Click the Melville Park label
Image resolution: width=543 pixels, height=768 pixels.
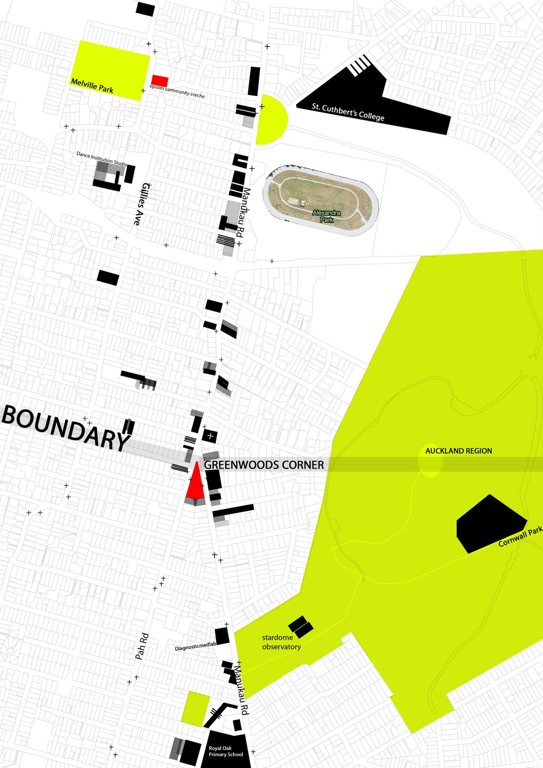92,85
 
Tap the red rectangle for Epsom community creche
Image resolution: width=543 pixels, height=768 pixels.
160,81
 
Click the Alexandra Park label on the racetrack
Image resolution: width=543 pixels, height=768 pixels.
326,216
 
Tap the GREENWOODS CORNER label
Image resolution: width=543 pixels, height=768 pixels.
264,465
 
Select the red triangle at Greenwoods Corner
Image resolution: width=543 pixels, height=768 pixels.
195,484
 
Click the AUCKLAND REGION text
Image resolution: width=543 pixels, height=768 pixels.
459,451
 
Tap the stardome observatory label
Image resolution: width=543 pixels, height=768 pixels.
281,642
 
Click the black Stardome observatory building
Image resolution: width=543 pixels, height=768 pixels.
301,626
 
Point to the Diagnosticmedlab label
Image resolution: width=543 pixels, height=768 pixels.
195,647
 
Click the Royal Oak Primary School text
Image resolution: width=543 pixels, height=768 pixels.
226,751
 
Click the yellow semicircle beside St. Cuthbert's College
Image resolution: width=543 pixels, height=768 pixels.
270,119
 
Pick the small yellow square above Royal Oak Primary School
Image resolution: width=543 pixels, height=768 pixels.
195,708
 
